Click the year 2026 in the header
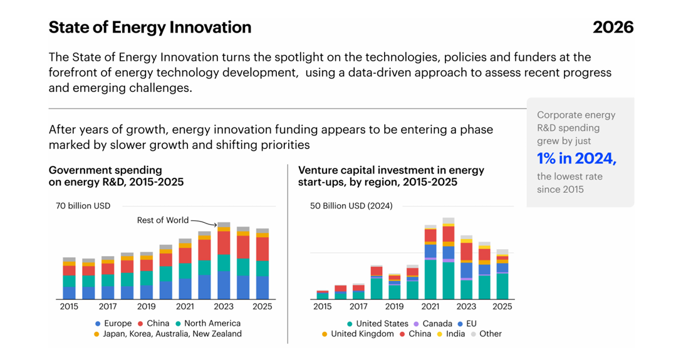(x=613, y=28)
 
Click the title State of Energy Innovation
(x=150, y=28)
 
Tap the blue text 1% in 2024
(x=576, y=158)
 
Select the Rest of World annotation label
(x=163, y=220)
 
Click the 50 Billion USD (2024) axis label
(x=351, y=205)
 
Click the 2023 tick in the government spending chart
(x=224, y=307)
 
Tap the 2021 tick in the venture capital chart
(x=430, y=307)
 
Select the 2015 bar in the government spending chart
(x=69, y=278)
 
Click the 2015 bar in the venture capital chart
(x=322, y=295)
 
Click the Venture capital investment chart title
(x=391, y=176)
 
